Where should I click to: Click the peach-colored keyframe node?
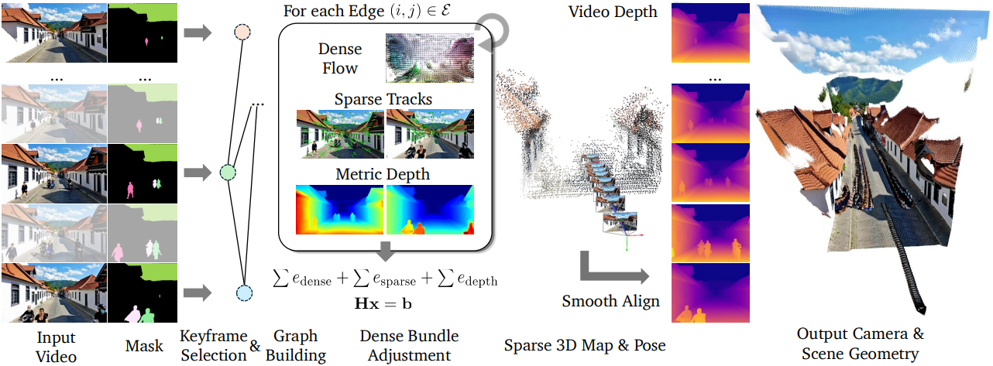[x=242, y=32]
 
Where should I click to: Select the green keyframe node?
[x=227, y=172]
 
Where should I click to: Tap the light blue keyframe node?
[x=244, y=292]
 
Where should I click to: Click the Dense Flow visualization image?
[x=430, y=57]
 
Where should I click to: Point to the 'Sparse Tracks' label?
[x=383, y=100]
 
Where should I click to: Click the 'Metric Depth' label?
[x=383, y=174]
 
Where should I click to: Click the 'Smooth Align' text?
[x=611, y=301]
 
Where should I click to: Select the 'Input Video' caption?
[x=57, y=346]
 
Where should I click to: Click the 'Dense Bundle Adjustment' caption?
[x=409, y=345]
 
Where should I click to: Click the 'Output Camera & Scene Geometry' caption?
[x=860, y=343]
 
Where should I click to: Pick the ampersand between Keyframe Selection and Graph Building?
[x=255, y=346]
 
